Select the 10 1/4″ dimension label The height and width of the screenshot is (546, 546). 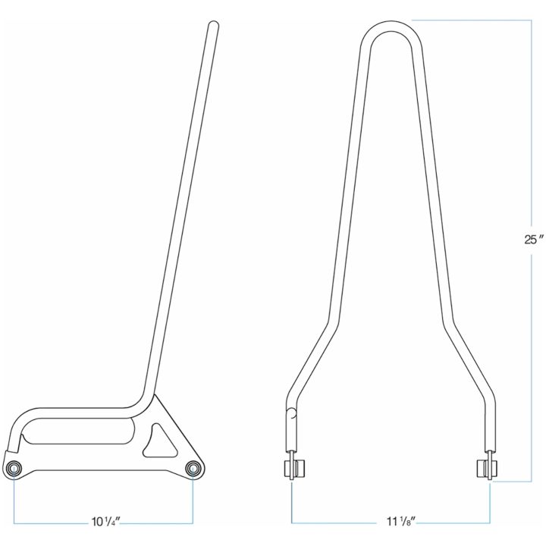[x=105, y=522]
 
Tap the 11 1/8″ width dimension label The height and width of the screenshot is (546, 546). [x=402, y=522]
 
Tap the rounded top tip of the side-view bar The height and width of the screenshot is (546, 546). [x=213, y=24]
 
